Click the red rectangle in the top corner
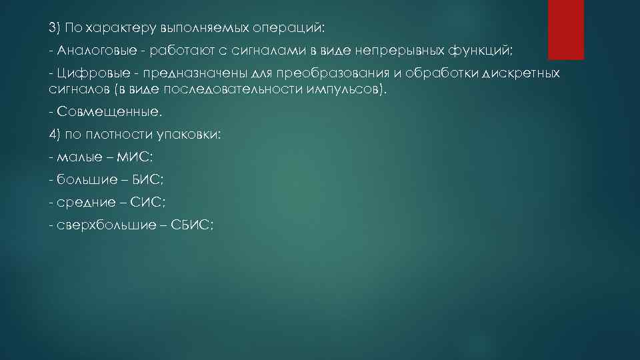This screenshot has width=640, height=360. (565, 29)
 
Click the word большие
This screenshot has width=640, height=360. (83, 179)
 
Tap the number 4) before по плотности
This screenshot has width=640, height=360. (55, 134)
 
